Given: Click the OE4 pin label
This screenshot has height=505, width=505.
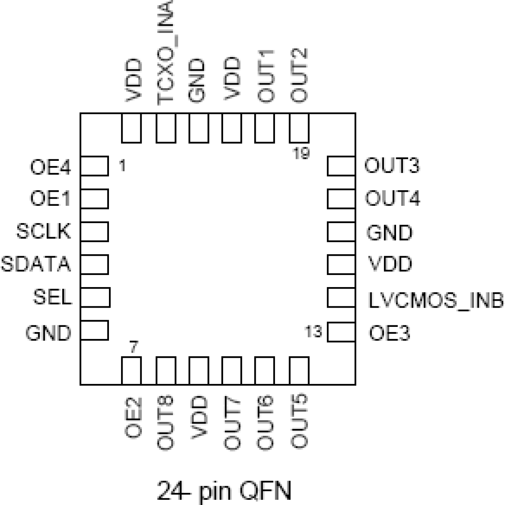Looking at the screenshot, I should pyautogui.click(x=50, y=167).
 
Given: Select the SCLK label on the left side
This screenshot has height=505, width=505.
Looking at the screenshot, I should pyautogui.click(x=43, y=231).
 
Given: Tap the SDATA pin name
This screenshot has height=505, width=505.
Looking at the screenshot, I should pyautogui.click(x=36, y=264).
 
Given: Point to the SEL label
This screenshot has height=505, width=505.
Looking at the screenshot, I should pyautogui.click(x=52, y=297).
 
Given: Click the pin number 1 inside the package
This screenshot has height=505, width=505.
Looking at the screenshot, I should pyautogui.click(x=122, y=165).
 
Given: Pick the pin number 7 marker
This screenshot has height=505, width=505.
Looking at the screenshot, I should pyautogui.click(x=133, y=347).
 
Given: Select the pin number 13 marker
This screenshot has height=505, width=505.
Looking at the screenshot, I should pyautogui.click(x=313, y=332).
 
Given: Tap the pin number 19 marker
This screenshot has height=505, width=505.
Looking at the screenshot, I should pyautogui.click(x=301, y=153).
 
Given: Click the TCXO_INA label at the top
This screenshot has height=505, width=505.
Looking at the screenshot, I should pyautogui.click(x=166, y=52).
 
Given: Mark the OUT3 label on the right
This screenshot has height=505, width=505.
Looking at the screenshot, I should pyautogui.click(x=392, y=166).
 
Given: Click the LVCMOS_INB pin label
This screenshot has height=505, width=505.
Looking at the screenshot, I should pyautogui.click(x=435, y=300).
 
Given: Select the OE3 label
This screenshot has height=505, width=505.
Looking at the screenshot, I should pyautogui.click(x=389, y=333).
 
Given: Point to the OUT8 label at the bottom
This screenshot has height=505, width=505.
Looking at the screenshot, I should pyautogui.click(x=165, y=422).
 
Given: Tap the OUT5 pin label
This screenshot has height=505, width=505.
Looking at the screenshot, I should pyautogui.click(x=299, y=421).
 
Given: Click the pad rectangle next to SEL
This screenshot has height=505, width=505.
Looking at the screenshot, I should pyautogui.click(x=95, y=298).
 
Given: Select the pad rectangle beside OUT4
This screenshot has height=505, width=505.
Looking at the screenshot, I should pyautogui.click(x=341, y=199).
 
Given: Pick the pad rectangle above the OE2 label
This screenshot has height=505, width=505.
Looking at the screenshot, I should pyautogui.click(x=131, y=370).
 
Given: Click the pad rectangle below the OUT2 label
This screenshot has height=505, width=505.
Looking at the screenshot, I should pyautogui.click(x=299, y=128).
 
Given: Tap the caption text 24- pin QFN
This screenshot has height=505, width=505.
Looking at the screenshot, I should pyautogui.click(x=224, y=490).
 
